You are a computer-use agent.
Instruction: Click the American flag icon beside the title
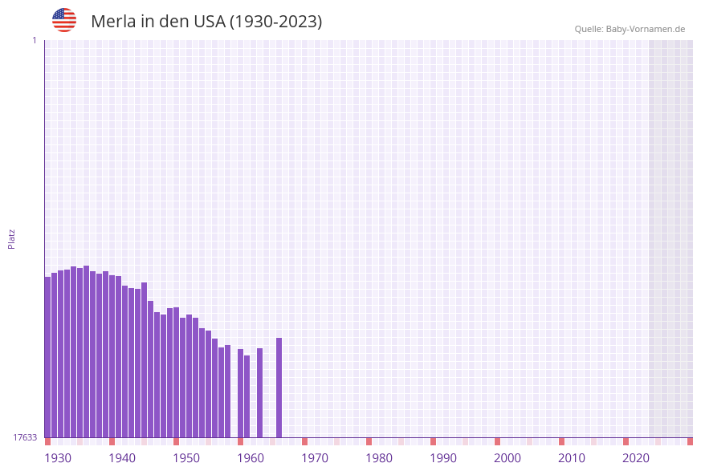[x=64, y=20]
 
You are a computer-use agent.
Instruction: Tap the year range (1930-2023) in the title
[x=276, y=22]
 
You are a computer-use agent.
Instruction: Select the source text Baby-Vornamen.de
[x=646, y=29]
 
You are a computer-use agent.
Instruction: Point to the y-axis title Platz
[x=12, y=238]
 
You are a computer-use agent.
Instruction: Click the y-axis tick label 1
[x=34, y=40]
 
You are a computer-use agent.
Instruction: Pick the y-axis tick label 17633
[x=25, y=437]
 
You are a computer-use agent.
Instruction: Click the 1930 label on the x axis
[x=58, y=458]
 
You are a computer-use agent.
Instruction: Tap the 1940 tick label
[x=122, y=458]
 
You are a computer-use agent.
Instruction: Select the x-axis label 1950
[x=186, y=458]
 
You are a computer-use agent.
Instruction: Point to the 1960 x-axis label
[x=251, y=458]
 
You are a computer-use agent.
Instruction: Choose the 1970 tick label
[x=315, y=458]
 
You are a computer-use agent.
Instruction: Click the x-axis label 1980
[x=379, y=458]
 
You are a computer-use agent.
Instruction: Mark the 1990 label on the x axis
[x=443, y=458]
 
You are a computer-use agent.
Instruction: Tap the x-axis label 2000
[x=507, y=458]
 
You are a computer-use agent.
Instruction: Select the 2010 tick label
[x=572, y=458]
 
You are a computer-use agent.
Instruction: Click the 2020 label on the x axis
[x=636, y=458]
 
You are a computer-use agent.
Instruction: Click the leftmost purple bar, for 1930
[x=47, y=357]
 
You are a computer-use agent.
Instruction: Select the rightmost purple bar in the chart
[x=279, y=388]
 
